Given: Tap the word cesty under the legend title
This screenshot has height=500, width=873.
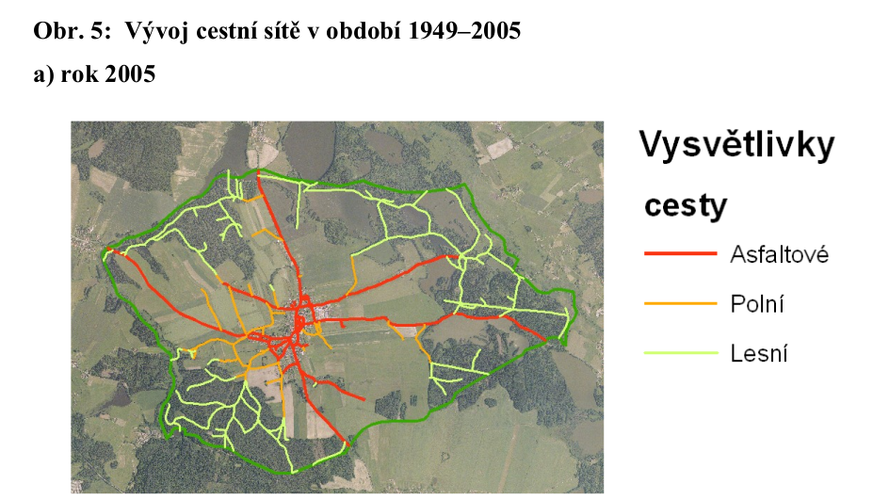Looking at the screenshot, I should point(685,205).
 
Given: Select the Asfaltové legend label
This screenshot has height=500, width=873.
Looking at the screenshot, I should point(779,254).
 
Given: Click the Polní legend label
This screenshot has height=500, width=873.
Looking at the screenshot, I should point(757,304).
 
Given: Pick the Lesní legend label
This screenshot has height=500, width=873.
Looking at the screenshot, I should point(758,354).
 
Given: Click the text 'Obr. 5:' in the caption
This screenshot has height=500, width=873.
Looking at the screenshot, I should point(63,31).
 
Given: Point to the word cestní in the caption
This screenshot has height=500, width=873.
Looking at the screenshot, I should point(202,31).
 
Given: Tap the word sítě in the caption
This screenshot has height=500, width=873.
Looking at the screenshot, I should point(253,31).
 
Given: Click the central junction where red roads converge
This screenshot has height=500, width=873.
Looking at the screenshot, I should point(300,320).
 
